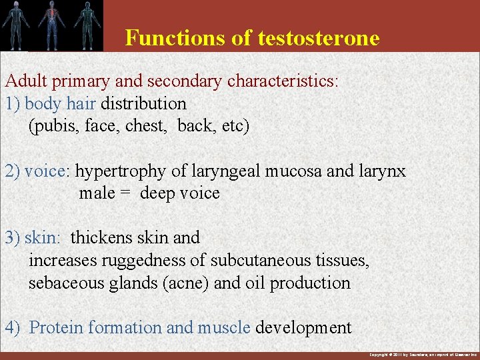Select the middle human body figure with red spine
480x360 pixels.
51,25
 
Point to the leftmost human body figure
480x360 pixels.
16,25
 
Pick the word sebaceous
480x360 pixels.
60,283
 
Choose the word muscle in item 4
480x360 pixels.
224,328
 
